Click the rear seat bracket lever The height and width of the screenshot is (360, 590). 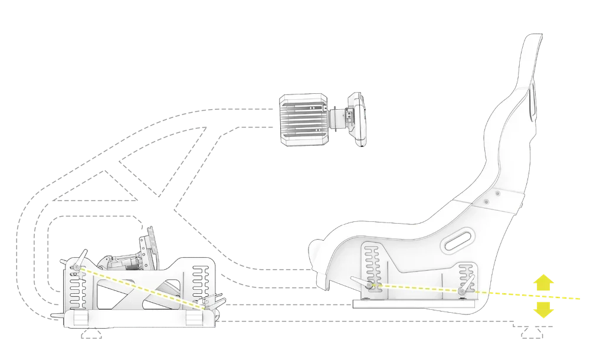(x=466, y=287)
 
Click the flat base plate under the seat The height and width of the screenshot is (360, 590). (x=413, y=306)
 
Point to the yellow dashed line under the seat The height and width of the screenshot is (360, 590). (x=413, y=288)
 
